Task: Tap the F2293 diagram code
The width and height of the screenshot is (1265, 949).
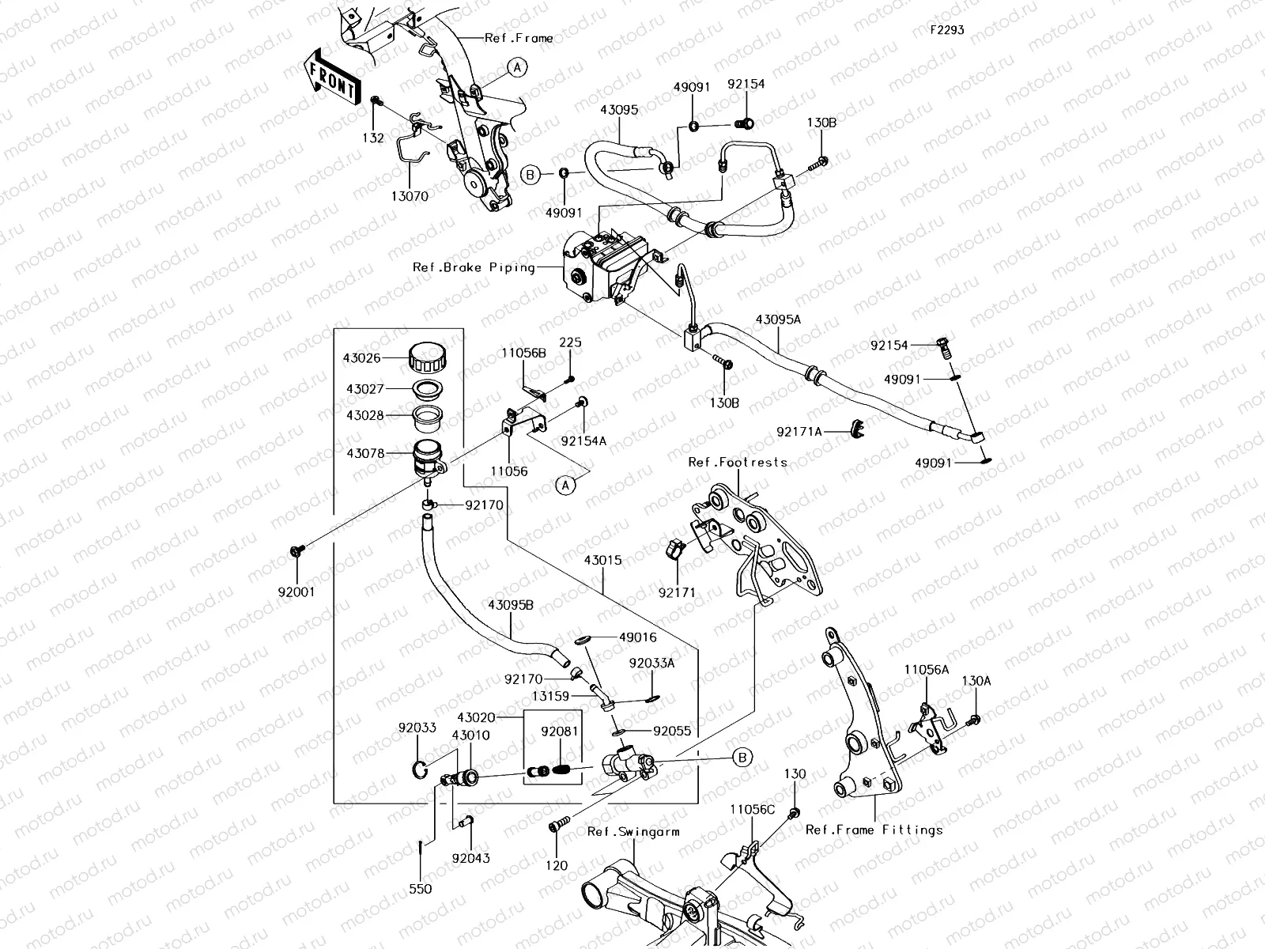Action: tap(946, 29)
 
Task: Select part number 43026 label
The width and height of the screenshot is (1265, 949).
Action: tap(361, 358)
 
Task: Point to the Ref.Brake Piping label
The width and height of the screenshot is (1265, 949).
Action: tap(474, 267)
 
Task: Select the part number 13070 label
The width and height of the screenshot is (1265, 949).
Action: tap(409, 196)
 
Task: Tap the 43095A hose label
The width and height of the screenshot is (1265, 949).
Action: tap(778, 319)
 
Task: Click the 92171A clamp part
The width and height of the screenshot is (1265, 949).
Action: tap(855, 429)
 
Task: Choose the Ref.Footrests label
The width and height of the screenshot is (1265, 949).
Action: tap(737, 462)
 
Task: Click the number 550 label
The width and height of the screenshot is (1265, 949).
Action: tap(421, 889)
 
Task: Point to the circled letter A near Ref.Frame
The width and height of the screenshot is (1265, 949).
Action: tap(516, 67)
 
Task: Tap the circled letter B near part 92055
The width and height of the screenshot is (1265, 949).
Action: tap(742, 758)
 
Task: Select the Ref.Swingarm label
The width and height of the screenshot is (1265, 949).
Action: tap(633, 832)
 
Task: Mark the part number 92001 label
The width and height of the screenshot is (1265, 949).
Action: tap(297, 592)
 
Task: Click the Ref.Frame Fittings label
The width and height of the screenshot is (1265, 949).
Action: tap(874, 830)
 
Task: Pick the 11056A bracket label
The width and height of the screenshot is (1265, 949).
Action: tap(926, 669)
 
